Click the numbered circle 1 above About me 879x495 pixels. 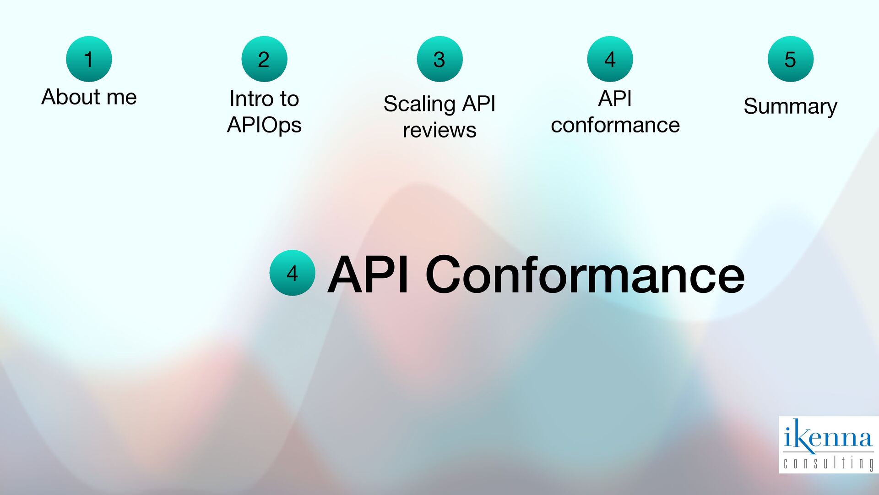click(89, 59)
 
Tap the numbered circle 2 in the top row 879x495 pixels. click(264, 59)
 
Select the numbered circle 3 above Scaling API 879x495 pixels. click(439, 59)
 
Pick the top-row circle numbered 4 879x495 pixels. click(610, 59)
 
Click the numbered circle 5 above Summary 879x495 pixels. click(790, 59)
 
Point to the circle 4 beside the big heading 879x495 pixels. click(292, 273)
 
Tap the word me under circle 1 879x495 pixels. click(121, 97)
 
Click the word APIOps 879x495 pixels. click(264, 125)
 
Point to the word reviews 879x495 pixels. click(439, 130)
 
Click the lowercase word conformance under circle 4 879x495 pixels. click(615, 125)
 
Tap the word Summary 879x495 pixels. click(790, 106)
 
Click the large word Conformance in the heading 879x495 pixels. click(585, 275)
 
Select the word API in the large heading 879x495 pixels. click(368, 275)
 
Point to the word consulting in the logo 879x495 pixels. click(828, 463)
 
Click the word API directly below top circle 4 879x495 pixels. click(615, 99)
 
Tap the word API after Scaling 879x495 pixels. click(478, 104)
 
